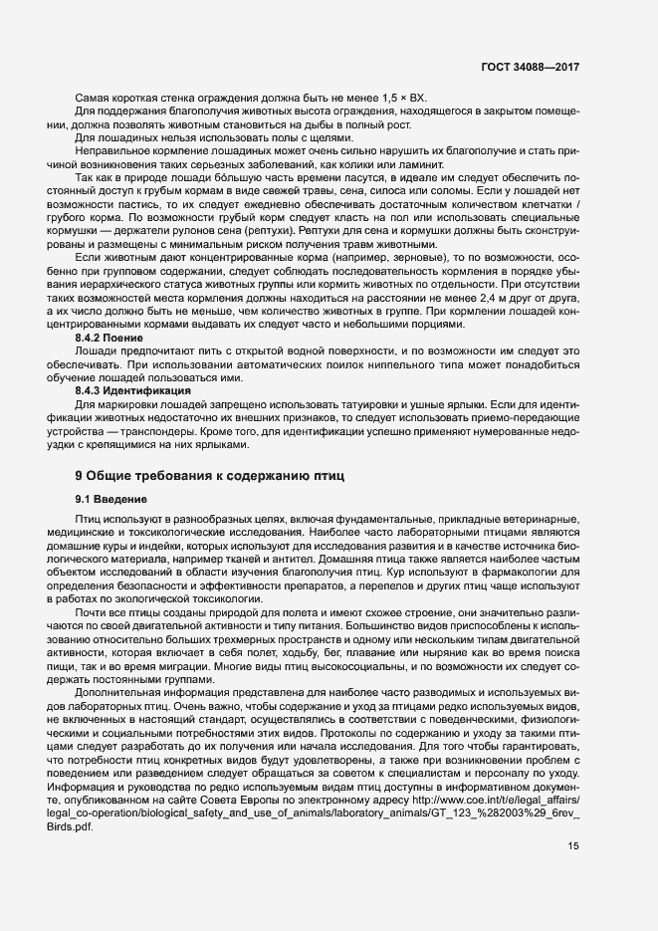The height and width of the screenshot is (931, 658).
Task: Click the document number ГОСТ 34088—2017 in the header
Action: coord(528,68)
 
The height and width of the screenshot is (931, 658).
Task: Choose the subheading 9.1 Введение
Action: coord(111,498)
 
